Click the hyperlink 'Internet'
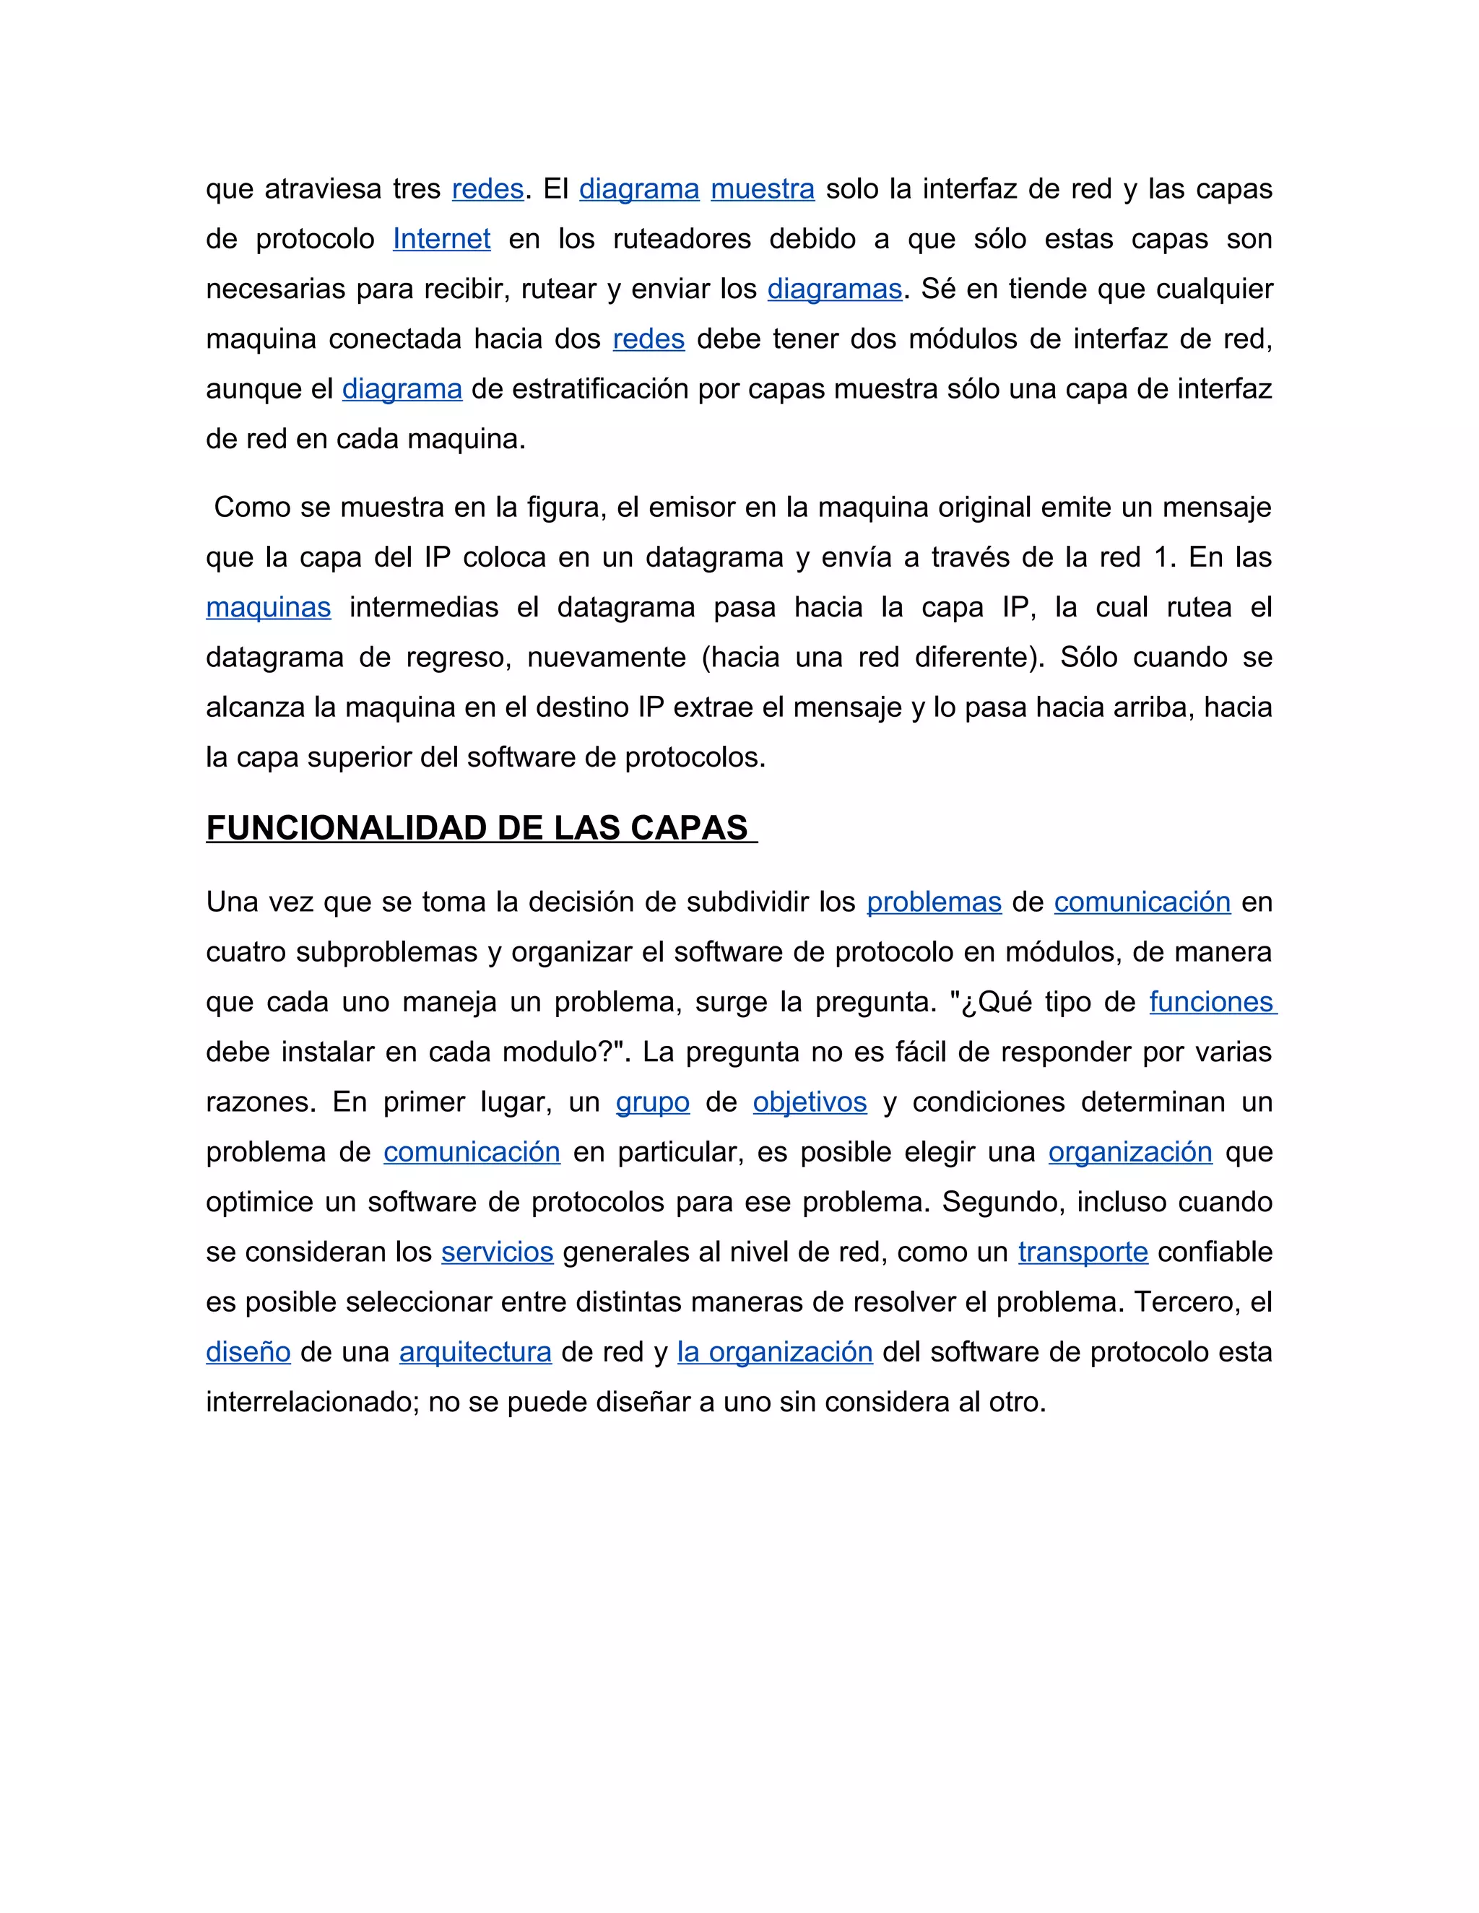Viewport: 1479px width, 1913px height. click(x=441, y=238)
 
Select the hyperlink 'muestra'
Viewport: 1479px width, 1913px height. click(x=763, y=188)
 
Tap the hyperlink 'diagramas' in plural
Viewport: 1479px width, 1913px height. click(x=834, y=288)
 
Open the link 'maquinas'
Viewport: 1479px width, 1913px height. click(x=268, y=607)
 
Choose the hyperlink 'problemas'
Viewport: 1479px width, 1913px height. click(x=934, y=902)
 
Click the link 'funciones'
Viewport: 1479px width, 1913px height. click(x=1212, y=1001)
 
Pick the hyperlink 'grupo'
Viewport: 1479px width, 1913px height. click(x=653, y=1101)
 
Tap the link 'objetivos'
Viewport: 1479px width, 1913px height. click(x=810, y=1101)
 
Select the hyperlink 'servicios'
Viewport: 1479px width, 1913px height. click(x=497, y=1252)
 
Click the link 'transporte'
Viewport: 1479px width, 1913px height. click(x=1083, y=1252)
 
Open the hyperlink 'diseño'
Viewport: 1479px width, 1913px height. click(x=248, y=1351)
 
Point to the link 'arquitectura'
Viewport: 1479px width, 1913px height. click(x=475, y=1351)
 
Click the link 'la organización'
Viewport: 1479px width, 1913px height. click(x=776, y=1351)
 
